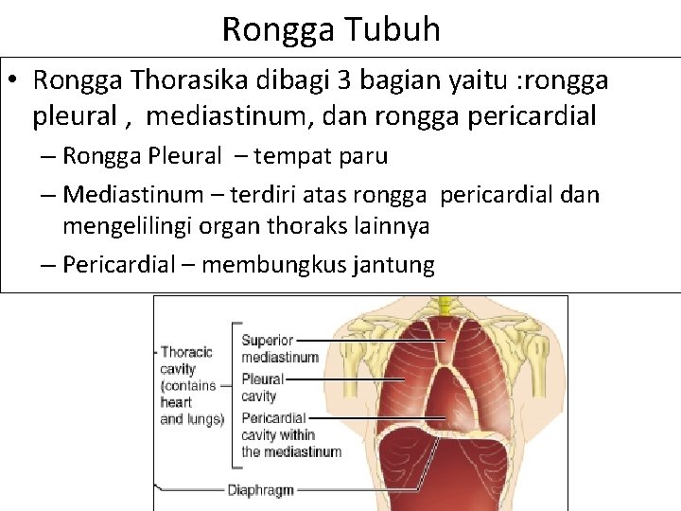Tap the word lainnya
390,226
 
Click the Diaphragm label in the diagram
260,490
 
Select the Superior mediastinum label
279,348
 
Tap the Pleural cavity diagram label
262,387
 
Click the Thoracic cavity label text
188,385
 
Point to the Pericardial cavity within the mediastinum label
290,434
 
